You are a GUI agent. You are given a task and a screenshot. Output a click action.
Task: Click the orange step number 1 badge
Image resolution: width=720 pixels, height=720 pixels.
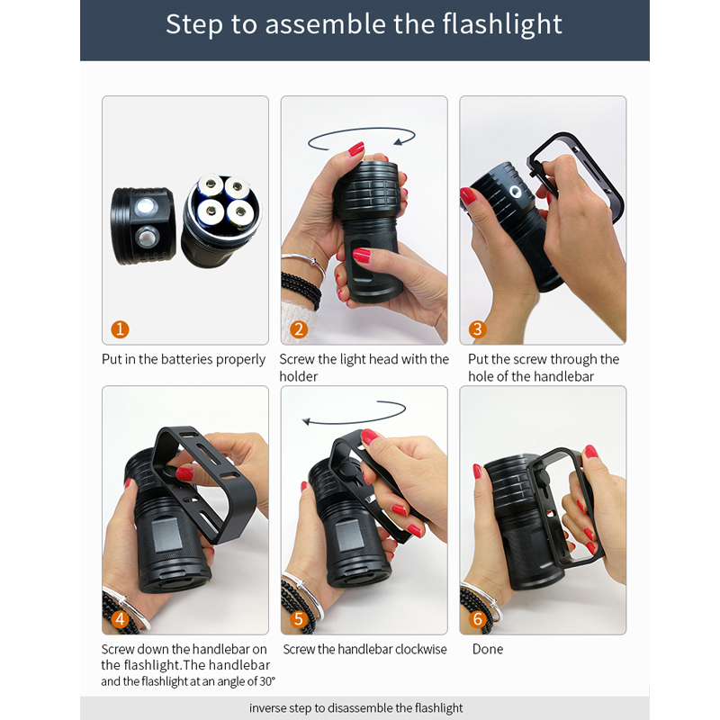[x=121, y=329]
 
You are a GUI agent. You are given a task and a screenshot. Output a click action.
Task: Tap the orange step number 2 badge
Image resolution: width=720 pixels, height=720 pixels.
[x=300, y=329]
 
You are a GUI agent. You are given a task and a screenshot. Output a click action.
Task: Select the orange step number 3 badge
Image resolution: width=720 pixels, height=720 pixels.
[x=478, y=329]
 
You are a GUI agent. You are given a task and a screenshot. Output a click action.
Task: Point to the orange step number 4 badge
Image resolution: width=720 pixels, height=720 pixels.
[x=121, y=619]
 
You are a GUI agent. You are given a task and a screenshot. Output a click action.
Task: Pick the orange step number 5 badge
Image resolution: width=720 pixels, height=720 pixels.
[x=300, y=619]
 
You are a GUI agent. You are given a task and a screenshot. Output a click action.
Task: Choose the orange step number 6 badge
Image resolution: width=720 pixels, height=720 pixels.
[x=478, y=619]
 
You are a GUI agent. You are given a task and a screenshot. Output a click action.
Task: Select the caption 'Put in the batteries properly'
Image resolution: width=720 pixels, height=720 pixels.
[x=184, y=359]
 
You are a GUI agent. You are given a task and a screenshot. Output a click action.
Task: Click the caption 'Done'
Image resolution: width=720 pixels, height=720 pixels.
[x=487, y=649]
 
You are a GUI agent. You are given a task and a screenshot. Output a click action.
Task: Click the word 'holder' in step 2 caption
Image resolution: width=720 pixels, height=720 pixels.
[x=298, y=376]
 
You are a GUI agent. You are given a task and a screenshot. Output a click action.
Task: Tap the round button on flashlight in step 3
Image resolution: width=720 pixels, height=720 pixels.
[x=515, y=192]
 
